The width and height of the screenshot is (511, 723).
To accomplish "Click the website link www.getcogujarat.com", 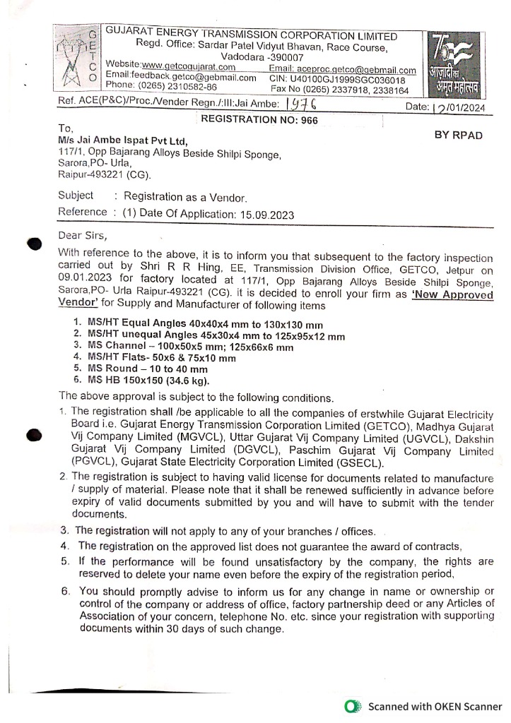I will (x=189, y=66).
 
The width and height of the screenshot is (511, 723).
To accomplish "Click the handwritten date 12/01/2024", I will (x=462, y=107).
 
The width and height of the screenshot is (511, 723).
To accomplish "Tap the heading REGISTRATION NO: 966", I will (x=259, y=120).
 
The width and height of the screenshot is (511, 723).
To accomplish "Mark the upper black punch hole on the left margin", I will (x=35, y=243).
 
